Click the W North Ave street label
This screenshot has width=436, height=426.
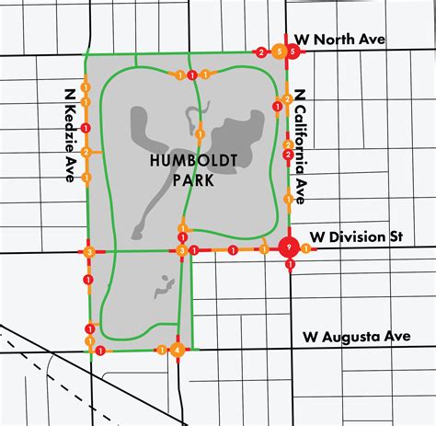[340, 39]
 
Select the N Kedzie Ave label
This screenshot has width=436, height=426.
[69, 137]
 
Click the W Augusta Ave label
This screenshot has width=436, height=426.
[355, 338]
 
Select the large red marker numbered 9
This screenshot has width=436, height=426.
[290, 248]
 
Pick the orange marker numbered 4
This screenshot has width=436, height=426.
[178, 349]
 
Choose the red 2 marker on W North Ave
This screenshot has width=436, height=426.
[261, 53]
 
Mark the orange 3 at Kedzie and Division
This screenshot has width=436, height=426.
[89, 251]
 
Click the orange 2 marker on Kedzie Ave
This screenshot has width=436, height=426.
[86, 152]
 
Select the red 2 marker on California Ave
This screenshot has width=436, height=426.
[288, 155]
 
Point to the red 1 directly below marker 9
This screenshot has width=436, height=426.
[291, 266]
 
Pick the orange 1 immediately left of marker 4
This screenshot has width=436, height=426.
[161, 350]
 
